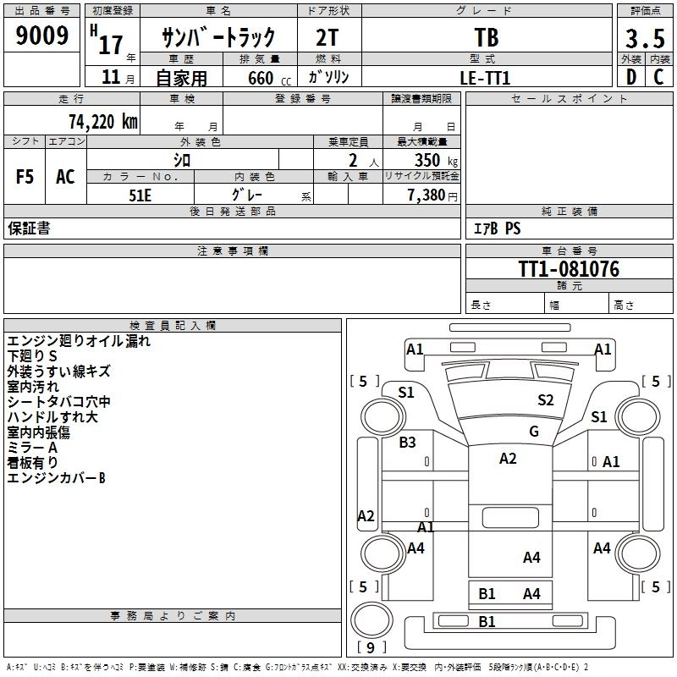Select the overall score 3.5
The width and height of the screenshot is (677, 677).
(643, 38)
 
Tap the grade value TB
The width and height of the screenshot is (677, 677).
(487, 38)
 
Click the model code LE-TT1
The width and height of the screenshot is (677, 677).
(485, 77)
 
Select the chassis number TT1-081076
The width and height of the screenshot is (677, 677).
(569, 269)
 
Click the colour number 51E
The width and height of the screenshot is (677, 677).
(140, 194)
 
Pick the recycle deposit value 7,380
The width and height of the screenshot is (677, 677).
(427, 195)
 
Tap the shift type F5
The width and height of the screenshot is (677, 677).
(25, 177)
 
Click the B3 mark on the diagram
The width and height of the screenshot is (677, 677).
(408, 442)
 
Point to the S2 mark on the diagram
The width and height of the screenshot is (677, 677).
(545, 400)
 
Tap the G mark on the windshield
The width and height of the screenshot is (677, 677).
(534, 432)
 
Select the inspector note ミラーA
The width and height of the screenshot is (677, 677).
(33, 447)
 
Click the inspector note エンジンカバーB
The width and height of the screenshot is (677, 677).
(56, 478)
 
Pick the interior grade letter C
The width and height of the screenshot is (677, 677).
(658, 76)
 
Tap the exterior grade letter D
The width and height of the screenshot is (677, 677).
(630, 76)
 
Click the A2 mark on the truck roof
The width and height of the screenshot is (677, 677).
(508, 459)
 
